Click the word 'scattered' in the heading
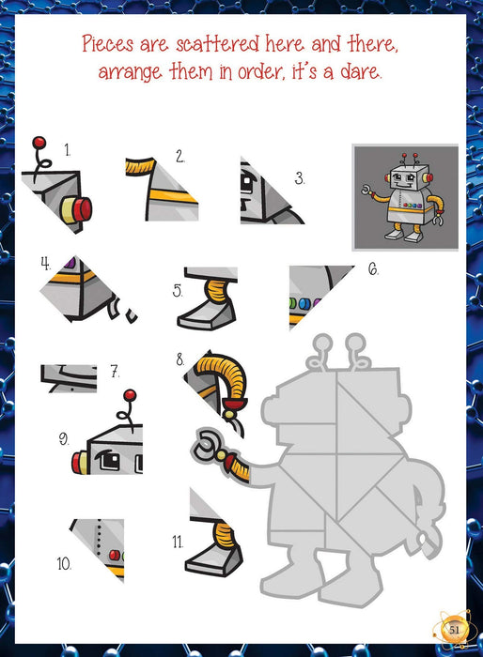coord(218,44)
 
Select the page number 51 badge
coord(455,629)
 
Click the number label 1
coord(67,150)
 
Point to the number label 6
coord(373,269)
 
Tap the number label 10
coord(64,563)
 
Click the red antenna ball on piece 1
coord(39,142)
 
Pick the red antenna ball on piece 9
coord(130,395)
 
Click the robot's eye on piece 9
coord(108,460)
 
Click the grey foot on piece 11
coord(214,560)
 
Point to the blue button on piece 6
coord(304,303)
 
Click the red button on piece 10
coord(114,556)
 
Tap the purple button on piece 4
coord(70,263)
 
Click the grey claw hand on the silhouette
coord(209,445)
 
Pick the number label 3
coord(299,178)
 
